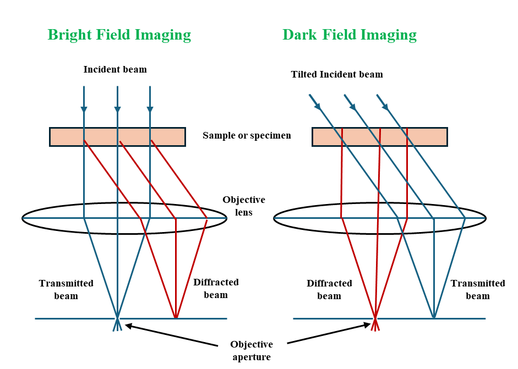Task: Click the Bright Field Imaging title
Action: pos(119,35)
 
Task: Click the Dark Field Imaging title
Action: pos(350,35)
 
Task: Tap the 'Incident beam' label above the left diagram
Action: pos(115,70)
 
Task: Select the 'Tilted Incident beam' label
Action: pos(337,74)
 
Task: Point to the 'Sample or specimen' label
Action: pos(247,136)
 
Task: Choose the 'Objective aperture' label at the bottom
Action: pos(252,350)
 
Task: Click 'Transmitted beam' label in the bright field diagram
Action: pos(66,289)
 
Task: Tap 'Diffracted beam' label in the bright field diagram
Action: pos(216,288)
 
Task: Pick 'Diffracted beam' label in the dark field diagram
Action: pos(329,289)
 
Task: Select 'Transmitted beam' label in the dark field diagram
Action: pos(477,289)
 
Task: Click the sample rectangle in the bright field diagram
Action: pos(117,137)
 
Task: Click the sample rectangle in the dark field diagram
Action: pos(379,137)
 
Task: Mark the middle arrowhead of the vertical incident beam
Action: pos(117,109)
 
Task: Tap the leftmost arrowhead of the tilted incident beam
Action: pos(314,102)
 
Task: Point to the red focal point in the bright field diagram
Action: pos(176,317)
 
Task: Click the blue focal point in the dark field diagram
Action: pos(434,317)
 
